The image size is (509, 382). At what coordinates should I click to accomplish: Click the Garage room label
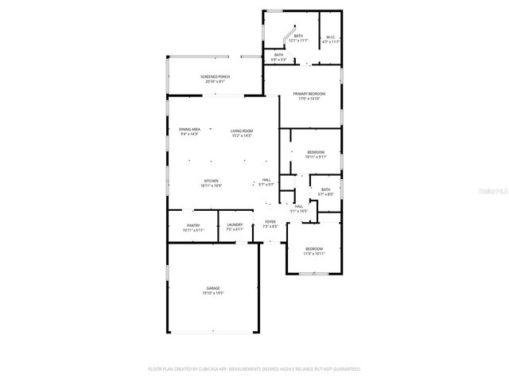click(213, 288)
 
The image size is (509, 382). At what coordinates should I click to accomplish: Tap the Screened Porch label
click(215, 76)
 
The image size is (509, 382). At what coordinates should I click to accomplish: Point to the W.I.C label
click(332, 36)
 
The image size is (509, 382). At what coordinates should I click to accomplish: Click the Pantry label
click(193, 225)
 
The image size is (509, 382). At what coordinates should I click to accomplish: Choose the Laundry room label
click(235, 225)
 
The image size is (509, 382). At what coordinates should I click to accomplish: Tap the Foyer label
click(270, 222)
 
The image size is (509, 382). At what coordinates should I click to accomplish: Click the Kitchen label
click(211, 181)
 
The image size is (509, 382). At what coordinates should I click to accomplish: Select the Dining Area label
click(189, 130)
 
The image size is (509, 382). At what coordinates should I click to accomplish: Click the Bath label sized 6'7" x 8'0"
click(325, 189)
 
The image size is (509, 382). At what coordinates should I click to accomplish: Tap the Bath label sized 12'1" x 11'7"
click(298, 36)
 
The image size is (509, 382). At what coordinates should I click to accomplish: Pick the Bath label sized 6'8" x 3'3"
click(279, 55)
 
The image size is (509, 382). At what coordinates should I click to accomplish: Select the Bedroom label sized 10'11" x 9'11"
click(316, 152)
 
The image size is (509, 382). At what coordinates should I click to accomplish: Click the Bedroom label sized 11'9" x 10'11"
click(314, 249)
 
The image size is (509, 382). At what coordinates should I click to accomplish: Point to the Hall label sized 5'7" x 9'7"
click(266, 180)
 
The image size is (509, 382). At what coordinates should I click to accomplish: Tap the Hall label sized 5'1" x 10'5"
click(298, 207)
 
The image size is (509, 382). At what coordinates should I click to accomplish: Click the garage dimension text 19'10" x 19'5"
click(213, 293)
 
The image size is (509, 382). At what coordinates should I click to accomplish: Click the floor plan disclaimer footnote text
click(254, 369)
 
